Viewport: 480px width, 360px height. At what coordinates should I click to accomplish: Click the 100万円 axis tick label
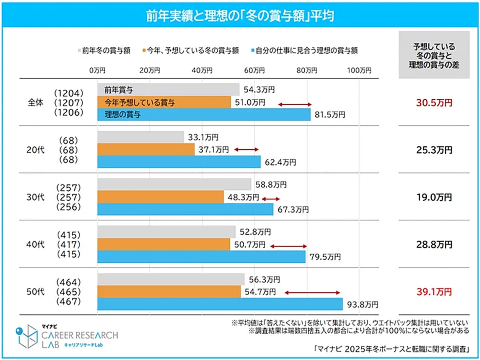point(359,70)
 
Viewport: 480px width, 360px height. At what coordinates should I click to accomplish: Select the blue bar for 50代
point(220,304)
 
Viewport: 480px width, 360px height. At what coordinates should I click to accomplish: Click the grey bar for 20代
point(140,137)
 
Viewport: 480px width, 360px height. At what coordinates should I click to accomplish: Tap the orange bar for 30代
point(160,197)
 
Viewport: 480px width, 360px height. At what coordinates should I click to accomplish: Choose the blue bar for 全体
point(204,114)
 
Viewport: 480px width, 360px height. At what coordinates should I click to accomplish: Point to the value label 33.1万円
point(204,138)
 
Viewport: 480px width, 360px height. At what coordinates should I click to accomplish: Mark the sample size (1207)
point(68,103)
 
